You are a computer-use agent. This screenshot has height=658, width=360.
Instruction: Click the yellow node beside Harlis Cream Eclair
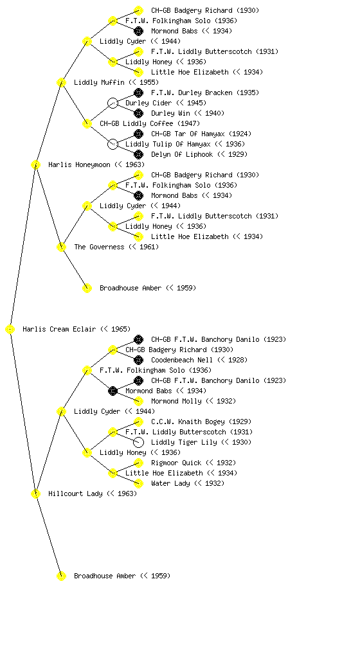coord(10,330)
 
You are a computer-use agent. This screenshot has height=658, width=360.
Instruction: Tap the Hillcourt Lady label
coord(75,493)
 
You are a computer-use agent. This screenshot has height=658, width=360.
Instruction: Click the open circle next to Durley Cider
coord(113,103)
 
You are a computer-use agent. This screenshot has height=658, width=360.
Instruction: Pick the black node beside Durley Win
coord(138,113)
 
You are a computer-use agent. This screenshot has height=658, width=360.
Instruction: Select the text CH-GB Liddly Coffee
coord(136,123)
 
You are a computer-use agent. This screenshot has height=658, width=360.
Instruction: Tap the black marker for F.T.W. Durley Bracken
coord(138,93)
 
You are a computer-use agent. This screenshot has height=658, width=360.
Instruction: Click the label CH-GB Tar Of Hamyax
coord(188,134)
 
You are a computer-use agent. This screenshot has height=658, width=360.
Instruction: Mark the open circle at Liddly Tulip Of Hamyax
coord(113,144)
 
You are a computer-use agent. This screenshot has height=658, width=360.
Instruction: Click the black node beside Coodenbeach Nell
coord(138,360)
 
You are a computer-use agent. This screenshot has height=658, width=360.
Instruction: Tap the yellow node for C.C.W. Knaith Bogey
coord(138,422)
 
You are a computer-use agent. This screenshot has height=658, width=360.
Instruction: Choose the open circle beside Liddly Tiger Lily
coord(138,442)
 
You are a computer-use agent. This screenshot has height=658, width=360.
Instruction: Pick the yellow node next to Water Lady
coord(138,483)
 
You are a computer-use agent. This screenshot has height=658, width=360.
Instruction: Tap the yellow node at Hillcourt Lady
coord(35,494)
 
